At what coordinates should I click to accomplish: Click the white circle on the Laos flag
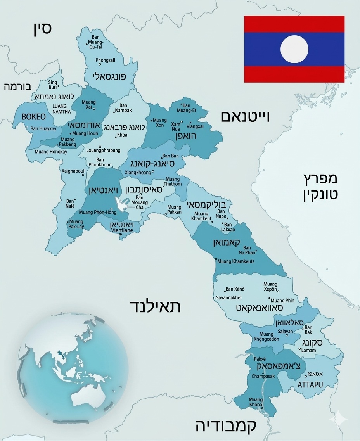[x=294, y=49]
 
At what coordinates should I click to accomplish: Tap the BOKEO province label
[x=33, y=117]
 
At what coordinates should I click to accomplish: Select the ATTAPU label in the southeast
[x=310, y=385]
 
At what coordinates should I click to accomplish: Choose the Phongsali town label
[x=106, y=60]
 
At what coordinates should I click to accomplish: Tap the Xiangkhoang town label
[x=138, y=172]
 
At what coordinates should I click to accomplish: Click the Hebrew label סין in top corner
[x=42, y=28]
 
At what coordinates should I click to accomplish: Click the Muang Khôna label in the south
[x=256, y=402]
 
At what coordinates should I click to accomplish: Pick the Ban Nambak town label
[x=123, y=108]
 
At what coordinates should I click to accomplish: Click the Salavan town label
[x=285, y=331]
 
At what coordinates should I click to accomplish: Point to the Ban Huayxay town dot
[x=27, y=127]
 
